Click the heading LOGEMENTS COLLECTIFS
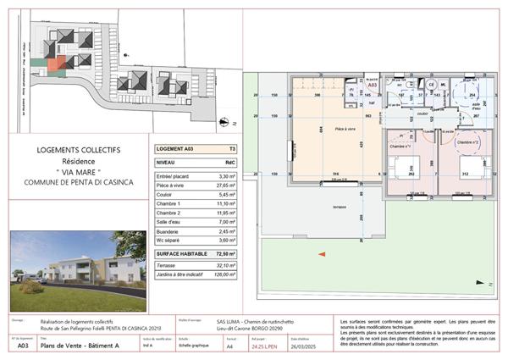coord(79,150)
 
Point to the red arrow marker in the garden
coord(319,253)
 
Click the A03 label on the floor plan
coord(372,86)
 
